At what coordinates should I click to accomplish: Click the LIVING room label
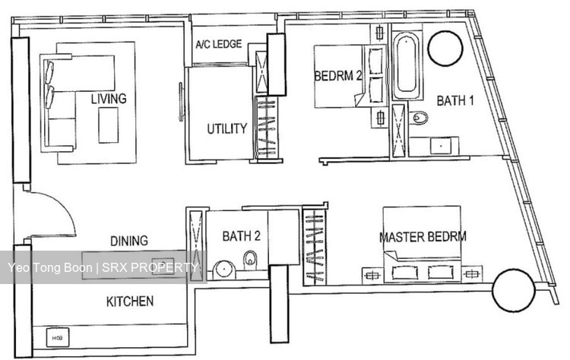tap(109, 99)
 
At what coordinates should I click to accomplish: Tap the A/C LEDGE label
tap(218, 44)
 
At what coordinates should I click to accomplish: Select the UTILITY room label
tap(226, 128)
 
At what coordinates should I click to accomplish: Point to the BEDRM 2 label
tap(338, 76)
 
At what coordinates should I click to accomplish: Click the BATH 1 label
tap(455, 100)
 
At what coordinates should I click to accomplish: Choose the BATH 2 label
tap(242, 236)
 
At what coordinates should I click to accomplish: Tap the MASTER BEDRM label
tap(423, 237)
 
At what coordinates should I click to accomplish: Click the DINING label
tap(129, 241)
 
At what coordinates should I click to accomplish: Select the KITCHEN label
tap(130, 302)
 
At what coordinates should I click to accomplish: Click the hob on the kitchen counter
tap(58, 338)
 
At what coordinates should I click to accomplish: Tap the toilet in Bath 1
tap(419, 117)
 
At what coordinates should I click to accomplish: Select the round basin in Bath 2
tap(224, 270)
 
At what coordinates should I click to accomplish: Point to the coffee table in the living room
tap(109, 125)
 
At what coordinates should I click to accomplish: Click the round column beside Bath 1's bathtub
tap(445, 49)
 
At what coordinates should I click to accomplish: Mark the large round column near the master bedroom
tap(513, 290)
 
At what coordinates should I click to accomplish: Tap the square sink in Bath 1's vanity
tap(441, 146)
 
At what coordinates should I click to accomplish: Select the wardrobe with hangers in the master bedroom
tap(315, 246)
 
